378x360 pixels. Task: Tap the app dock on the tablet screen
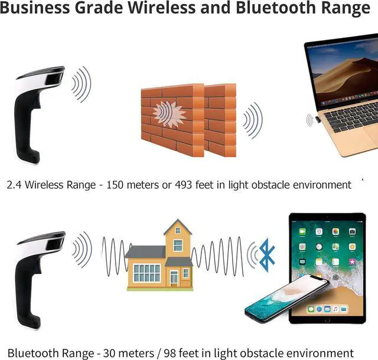(326, 309)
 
